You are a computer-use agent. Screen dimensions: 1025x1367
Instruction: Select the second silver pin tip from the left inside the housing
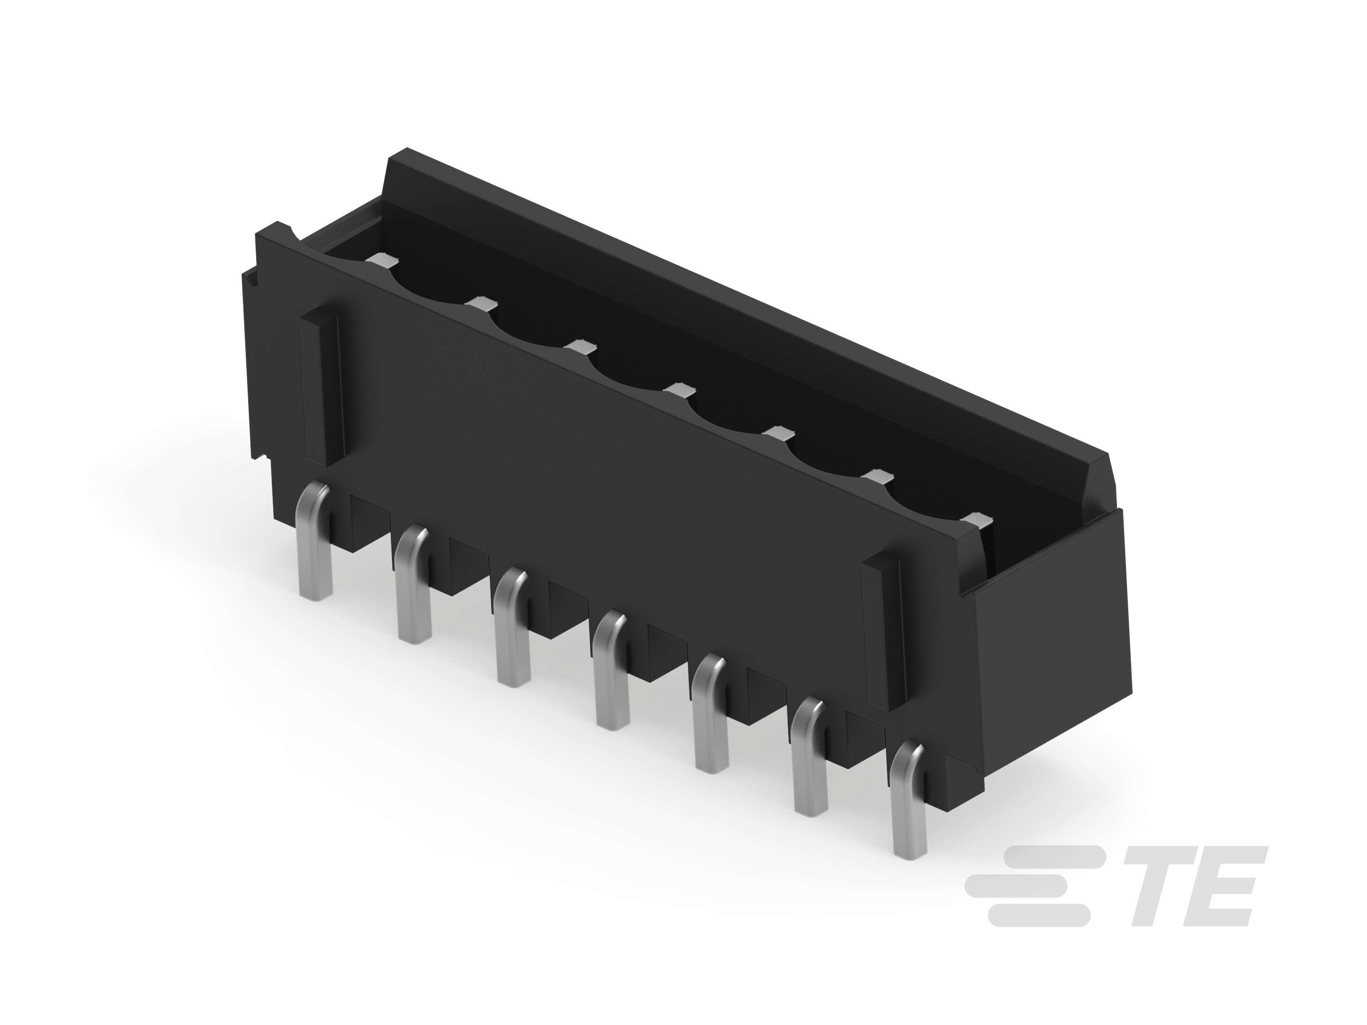481,303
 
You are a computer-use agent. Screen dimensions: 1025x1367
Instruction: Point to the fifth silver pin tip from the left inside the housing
777,434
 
